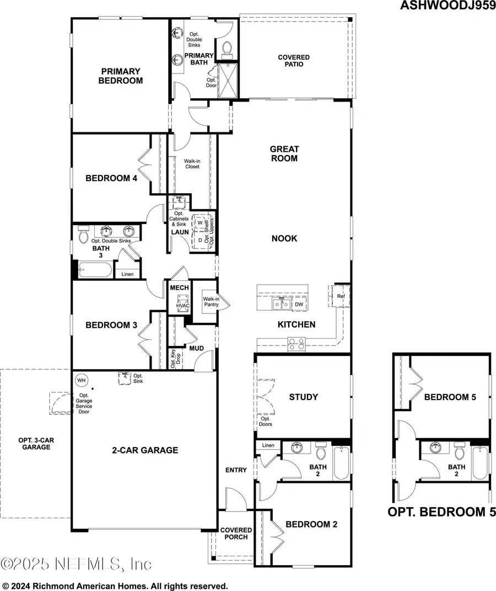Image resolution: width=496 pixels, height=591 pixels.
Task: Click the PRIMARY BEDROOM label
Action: [120, 76]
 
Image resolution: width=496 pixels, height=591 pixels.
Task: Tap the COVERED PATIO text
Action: [293, 61]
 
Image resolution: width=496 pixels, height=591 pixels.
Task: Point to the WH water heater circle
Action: [82, 380]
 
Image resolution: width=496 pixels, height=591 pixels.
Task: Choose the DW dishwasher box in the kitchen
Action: [299, 305]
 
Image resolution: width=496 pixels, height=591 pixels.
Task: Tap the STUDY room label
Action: [304, 397]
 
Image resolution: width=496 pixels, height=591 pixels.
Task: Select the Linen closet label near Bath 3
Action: [127, 274]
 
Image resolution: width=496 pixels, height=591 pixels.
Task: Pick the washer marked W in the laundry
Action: [200, 223]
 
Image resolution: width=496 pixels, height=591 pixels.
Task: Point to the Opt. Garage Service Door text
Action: [84, 403]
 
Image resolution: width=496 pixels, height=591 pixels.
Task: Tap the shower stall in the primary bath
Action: [227, 81]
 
